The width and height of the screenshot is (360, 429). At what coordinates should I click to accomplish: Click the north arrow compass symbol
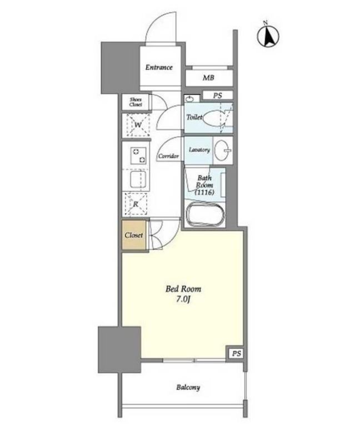point(268,35)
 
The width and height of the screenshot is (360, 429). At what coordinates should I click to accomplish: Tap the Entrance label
point(159,67)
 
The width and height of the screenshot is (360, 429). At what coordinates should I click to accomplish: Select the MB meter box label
point(208,78)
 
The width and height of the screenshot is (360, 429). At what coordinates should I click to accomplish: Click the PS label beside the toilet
point(218,96)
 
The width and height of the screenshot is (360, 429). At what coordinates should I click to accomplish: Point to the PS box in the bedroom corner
point(236,353)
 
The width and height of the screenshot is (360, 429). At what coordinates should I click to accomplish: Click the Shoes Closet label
point(136,102)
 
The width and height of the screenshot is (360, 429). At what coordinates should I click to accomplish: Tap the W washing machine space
point(138,125)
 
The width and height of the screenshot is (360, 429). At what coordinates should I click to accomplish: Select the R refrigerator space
point(136,204)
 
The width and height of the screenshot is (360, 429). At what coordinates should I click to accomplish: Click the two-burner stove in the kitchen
point(138,156)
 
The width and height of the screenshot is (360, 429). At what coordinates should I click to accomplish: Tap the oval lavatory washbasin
point(222,151)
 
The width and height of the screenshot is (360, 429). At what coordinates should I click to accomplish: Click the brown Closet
point(134,235)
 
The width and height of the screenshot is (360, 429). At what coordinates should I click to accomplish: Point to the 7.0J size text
point(183,300)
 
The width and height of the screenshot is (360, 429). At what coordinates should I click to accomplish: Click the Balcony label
point(188,387)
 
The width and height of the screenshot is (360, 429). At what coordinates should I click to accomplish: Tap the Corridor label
point(168,156)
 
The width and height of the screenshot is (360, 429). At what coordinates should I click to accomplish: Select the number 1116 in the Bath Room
point(204,192)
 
